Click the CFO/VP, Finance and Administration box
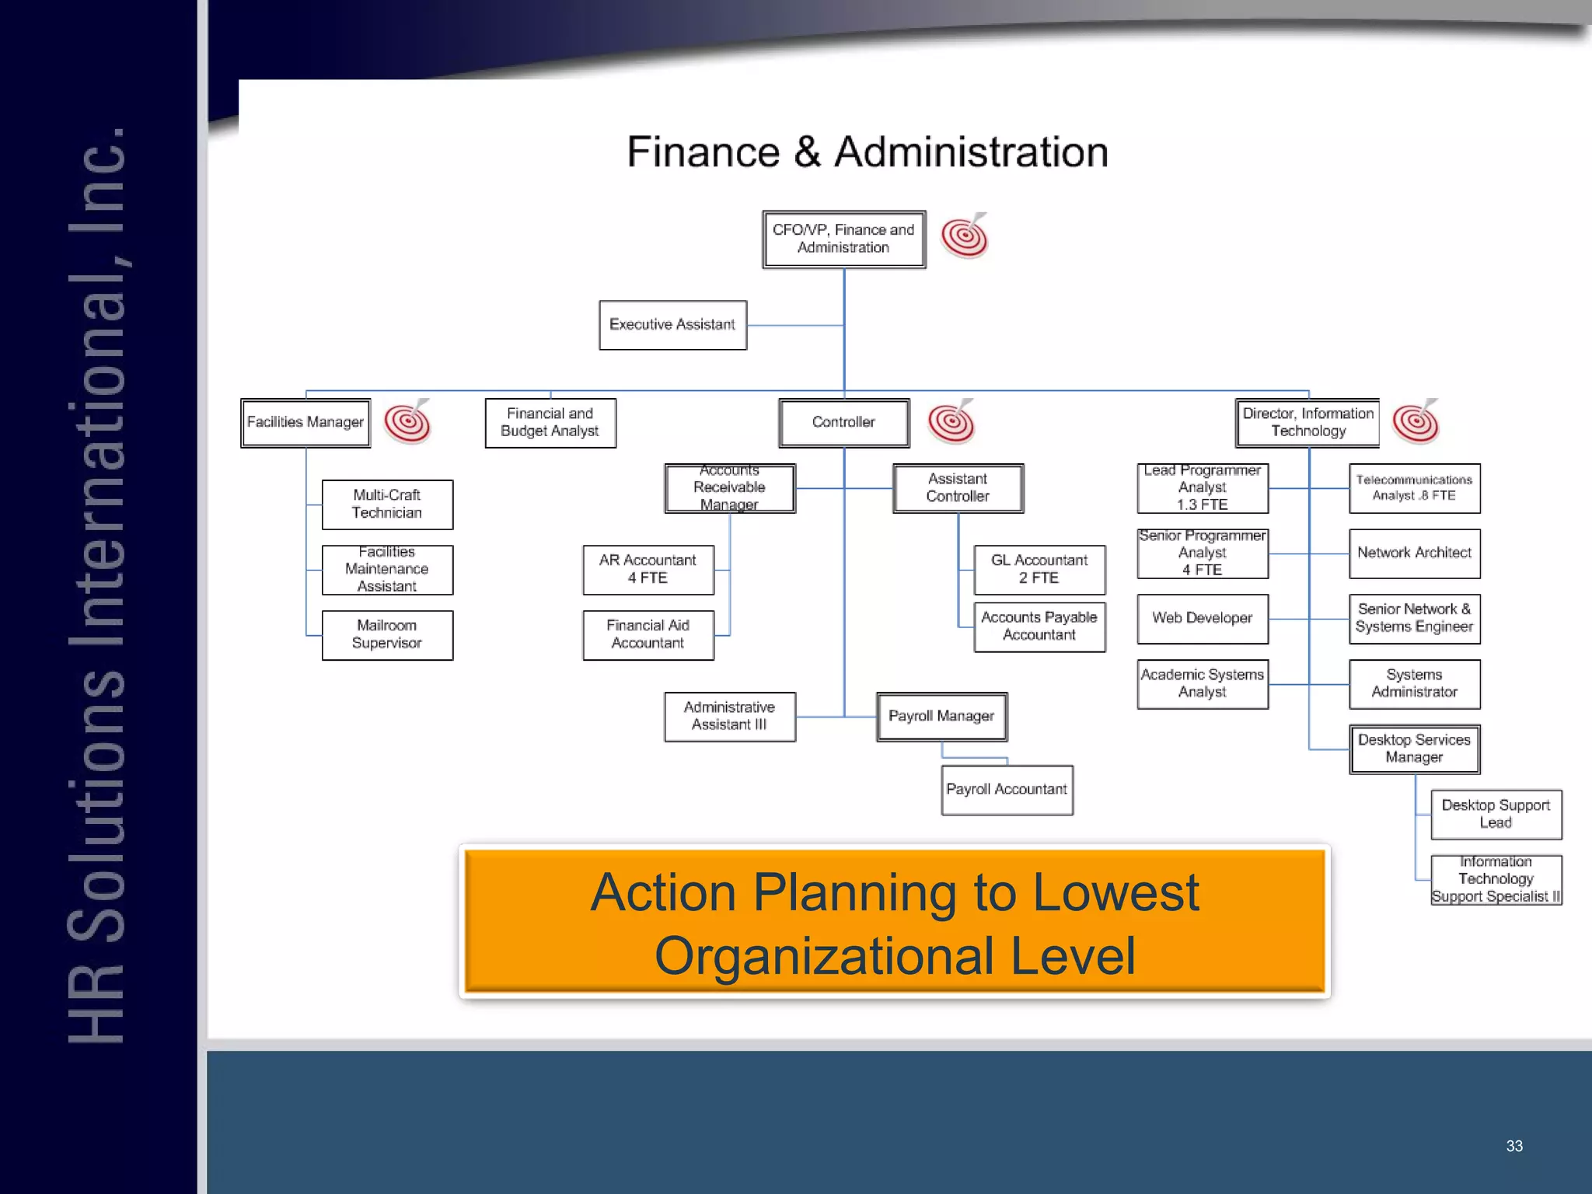tap(843, 239)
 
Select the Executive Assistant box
tap(672, 325)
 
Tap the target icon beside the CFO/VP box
tap(965, 236)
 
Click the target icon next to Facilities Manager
tap(407, 422)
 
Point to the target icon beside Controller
tap(951, 422)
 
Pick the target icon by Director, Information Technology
tap(1416, 422)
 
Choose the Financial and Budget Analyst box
tap(550, 422)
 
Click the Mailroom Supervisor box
tap(387, 634)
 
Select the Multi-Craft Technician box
tap(387, 504)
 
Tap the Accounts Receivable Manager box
tap(729, 487)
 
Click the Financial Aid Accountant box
tap(648, 634)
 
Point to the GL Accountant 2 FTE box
tap(1039, 569)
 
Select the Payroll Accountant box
tap(1007, 789)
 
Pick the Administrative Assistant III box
tap(729, 716)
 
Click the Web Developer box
tap(1203, 618)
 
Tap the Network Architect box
tap(1414, 553)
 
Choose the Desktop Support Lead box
tap(1496, 814)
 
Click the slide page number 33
tap(1514, 1146)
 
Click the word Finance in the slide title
tap(703, 152)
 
